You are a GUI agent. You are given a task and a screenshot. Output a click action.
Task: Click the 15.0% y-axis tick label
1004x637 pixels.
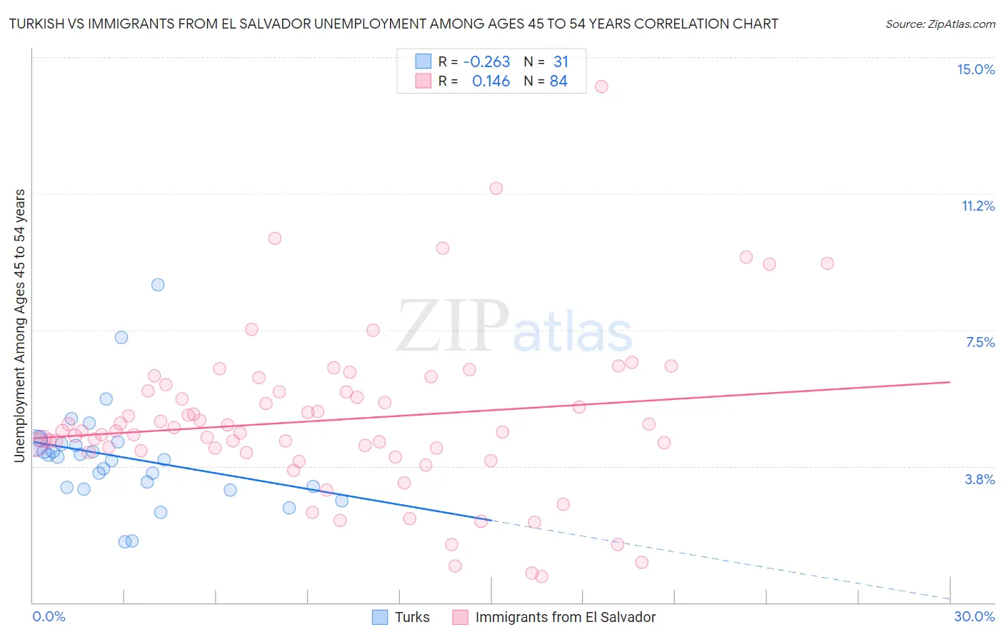[x=975, y=69]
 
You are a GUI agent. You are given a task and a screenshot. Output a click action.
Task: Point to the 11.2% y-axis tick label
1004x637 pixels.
[x=978, y=206]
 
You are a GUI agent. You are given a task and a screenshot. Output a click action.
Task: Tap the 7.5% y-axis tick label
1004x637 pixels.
[x=980, y=342]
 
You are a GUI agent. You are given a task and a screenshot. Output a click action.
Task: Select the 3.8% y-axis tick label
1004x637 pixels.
[x=980, y=479]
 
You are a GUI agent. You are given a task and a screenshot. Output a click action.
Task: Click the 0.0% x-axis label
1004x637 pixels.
[x=49, y=616]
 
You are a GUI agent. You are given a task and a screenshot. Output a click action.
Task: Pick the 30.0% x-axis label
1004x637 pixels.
[x=974, y=616]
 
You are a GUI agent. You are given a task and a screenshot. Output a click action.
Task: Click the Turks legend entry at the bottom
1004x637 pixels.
[x=401, y=617]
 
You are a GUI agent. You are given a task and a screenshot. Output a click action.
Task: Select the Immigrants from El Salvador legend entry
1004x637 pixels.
[x=554, y=617]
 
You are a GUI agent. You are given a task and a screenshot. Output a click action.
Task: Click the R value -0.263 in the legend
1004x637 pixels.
[x=486, y=62]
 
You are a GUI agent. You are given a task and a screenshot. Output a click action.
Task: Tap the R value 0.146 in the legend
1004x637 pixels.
[x=491, y=81]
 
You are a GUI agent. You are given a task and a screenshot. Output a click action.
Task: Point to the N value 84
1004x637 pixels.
[x=558, y=81]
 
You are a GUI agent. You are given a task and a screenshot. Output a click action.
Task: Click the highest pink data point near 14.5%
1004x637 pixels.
[x=601, y=86]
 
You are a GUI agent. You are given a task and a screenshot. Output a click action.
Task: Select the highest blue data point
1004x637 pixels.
[x=158, y=285]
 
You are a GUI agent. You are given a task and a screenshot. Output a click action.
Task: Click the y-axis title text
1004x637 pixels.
[x=20, y=325]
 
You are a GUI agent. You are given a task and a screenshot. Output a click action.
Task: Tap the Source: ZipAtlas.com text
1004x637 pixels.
[x=940, y=24]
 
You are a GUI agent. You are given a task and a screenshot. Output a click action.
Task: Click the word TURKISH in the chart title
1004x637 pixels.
[x=41, y=24]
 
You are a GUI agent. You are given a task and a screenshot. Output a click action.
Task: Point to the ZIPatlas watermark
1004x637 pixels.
[x=514, y=327]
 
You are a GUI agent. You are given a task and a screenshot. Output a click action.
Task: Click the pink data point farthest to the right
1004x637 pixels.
[x=827, y=264]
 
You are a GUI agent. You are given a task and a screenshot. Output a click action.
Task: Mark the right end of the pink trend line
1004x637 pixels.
[x=950, y=382]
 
